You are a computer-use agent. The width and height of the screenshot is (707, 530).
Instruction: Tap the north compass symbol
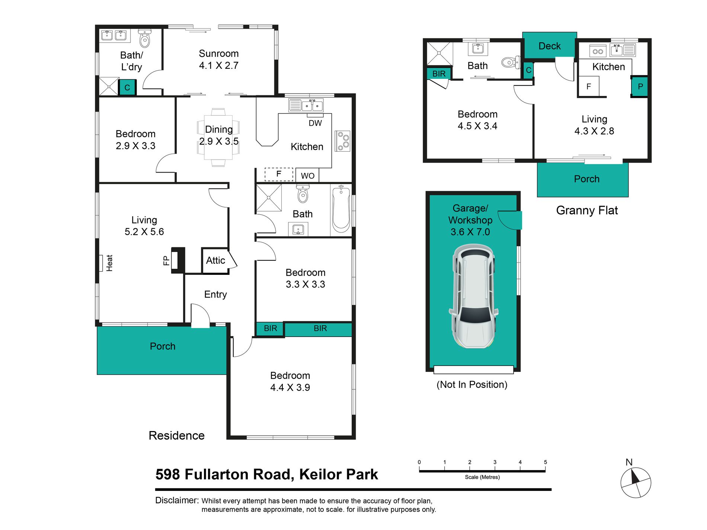pyautogui.click(x=636, y=482)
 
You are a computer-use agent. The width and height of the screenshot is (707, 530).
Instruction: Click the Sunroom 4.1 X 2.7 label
pyautogui.click(x=219, y=60)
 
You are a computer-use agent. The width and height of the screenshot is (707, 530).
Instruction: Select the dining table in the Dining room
pyautogui.click(x=218, y=138)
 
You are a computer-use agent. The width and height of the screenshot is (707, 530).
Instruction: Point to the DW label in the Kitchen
pyautogui.click(x=315, y=123)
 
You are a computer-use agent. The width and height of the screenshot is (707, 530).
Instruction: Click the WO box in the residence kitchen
pyautogui.click(x=307, y=175)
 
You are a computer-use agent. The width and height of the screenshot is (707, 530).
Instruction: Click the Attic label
pyautogui.click(x=215, y=260)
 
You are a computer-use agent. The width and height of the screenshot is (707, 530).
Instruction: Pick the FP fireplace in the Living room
pyautogui.click(x=178, y=260)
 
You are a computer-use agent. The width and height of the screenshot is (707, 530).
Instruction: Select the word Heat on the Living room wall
pyautogui.click(x=109, y=263)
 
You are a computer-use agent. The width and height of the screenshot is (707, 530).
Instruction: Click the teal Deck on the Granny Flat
pyautogui.click(x=550, y=45)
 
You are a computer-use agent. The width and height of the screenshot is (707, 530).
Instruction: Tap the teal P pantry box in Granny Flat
pyautogui.click(x=640, y=87)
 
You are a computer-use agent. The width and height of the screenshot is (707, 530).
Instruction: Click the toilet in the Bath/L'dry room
pyautogui.click(x=145, y=38)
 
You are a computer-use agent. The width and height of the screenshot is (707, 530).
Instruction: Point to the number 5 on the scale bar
pyautogui.click(x=546, y=462)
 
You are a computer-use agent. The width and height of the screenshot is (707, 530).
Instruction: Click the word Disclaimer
pyautogui.click(x=177, y=500)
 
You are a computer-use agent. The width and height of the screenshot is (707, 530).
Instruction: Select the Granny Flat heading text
pyautogui.click(x=587, y=211)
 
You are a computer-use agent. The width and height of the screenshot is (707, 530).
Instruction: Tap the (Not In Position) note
pyautogui.click(x=472, y=385)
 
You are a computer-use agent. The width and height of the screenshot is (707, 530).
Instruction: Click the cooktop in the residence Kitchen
pyautogui.click(x=342, y=141)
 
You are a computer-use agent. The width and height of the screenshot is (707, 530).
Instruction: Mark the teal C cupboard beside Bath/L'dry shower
pyautogui.click(x=127, y=87)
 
